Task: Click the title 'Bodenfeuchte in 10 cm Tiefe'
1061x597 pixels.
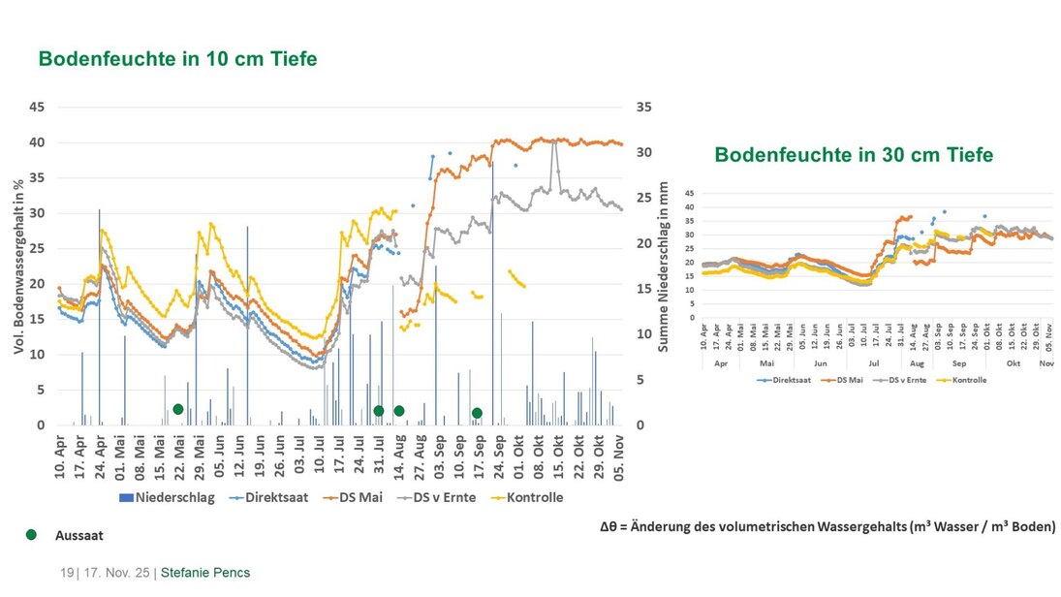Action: click(x=177, y=59)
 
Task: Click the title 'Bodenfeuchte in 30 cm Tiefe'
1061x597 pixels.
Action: click(x=854, y=155)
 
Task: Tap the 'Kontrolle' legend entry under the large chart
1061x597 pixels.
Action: click(x=529, y=497)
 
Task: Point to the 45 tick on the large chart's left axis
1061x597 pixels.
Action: click(x=36, y=107)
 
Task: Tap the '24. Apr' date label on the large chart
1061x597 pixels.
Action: click(x=100, y=461)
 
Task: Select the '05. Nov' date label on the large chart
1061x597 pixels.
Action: click(x=619, y=461)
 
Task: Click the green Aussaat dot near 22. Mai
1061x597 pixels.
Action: click(x=178, y=410)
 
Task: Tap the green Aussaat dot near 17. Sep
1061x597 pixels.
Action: click(x=477, y=414)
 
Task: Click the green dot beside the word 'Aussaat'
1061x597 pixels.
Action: click(x=31, y=534)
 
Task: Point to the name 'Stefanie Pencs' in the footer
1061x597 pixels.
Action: click(x=205, y=573)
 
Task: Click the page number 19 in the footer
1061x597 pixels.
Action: click(x=67, y=573)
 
